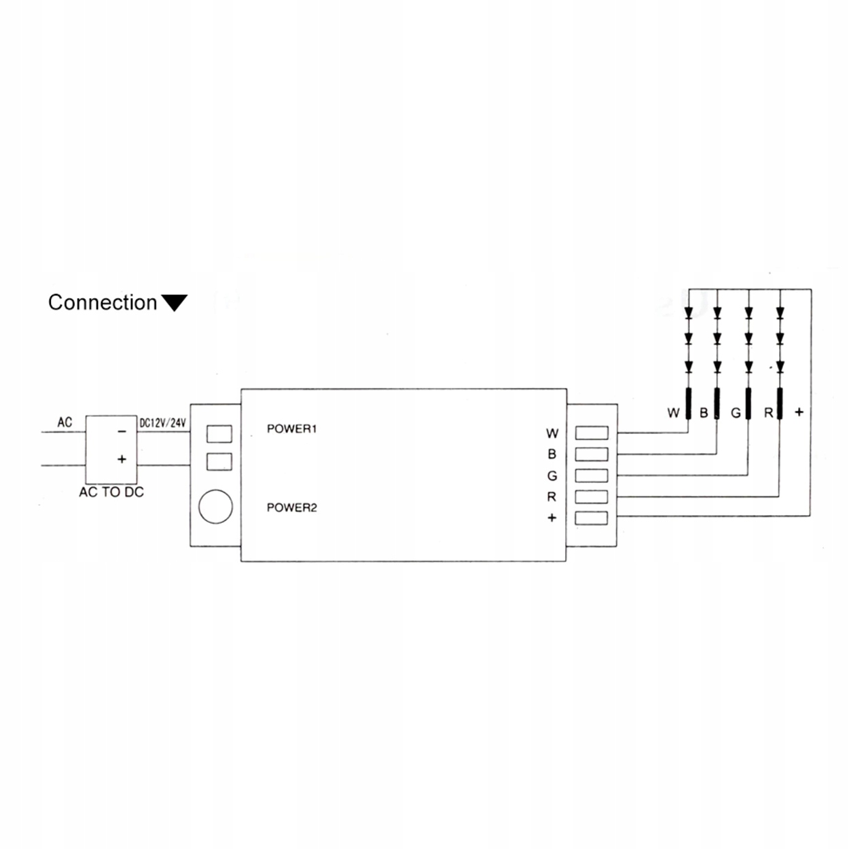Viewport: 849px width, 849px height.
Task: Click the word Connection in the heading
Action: [x=102, y=302]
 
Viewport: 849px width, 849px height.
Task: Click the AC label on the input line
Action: [x=65, y=422]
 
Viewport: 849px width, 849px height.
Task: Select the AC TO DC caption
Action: [x=111, y=492]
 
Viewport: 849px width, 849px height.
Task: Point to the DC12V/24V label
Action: [x=162, y=422]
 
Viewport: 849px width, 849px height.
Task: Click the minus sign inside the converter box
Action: [x=121, y=431]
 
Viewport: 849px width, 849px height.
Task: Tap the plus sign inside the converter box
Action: [x=122, y=459]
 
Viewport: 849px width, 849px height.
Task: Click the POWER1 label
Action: [x=291, y=429]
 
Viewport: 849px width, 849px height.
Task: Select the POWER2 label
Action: [x=291, y=507]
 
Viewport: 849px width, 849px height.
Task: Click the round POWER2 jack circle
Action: [x=216, y=507]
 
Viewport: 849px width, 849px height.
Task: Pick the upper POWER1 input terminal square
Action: [x=219, y=433]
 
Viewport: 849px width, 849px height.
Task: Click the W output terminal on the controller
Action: [x=591, y=433]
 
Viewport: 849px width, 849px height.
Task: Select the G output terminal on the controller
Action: [x=591, y=475]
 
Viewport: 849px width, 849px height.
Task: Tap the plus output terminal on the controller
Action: [x=591, y=518]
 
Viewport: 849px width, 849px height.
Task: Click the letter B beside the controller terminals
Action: [x=552, y=454]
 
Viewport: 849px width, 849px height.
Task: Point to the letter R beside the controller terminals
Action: [x=552, y=496]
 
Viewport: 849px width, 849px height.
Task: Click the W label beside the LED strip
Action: [x=673, y=412]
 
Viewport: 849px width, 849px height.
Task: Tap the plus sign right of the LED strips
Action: [x=799, y=412]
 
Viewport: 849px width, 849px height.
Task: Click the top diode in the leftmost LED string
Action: [x=688, y=314]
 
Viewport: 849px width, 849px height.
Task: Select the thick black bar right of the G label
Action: [x=748, y=404]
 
